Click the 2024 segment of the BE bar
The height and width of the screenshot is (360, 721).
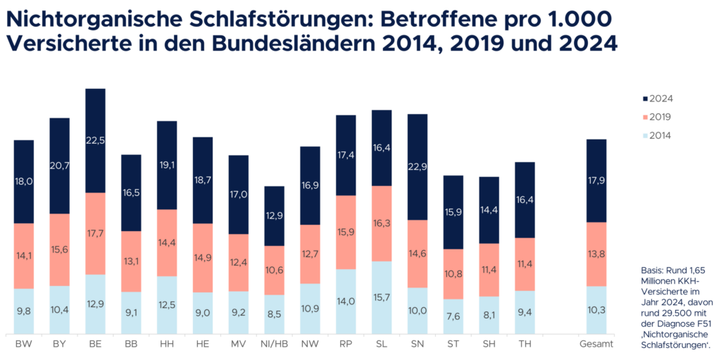(x=95, y=140)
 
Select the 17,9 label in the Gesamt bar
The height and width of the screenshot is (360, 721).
(x=596, y=180)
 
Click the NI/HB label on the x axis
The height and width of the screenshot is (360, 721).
(x=273, y=344)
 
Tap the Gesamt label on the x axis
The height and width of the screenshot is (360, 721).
(x=596, y=344)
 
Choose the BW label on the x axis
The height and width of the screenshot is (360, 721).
(x=23, y=344)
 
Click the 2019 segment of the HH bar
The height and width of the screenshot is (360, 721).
(x=166, y=242)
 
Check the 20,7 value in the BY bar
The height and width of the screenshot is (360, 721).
(x=59, y=166)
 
